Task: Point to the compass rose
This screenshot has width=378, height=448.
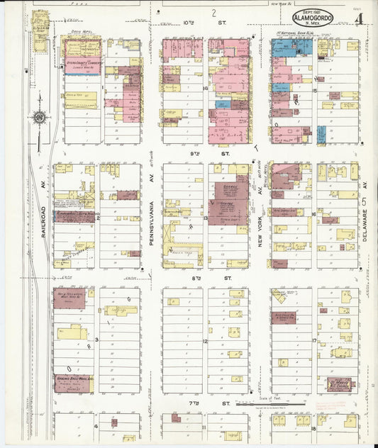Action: point(40,118)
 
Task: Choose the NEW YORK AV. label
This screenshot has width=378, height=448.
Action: point(260,228)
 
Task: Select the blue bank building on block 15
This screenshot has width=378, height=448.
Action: point(292,47)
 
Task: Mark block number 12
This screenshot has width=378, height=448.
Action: point(206,341)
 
